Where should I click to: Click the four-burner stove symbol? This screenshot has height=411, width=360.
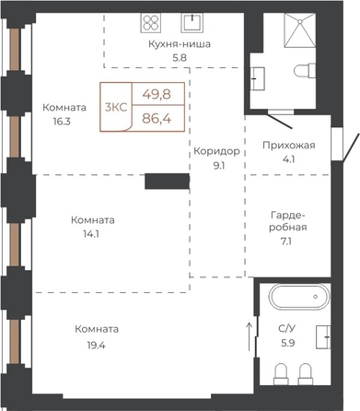(x=151, y=23)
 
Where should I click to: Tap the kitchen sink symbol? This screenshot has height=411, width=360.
(x=192, y=23)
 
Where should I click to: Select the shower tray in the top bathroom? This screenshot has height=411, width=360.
(x=300, y=30)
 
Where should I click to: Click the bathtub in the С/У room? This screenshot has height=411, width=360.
(x=299, y=297)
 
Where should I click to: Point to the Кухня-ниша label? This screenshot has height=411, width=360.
(x=180, y=44)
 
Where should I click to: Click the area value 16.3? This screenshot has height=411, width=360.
(x=62, y=122)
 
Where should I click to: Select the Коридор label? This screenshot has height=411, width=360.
(x=216, y=151)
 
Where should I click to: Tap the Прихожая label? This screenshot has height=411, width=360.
(x=289, y=145)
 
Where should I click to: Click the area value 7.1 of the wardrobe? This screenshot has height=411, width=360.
(x=285, y=241)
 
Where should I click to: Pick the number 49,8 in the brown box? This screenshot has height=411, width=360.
(x=157, y=94)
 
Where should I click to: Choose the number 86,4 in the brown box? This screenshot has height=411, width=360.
(x=157, y=118)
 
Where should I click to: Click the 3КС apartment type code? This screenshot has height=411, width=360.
(x=116, y=107)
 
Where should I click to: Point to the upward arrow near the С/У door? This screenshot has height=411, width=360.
(x=250, y=336)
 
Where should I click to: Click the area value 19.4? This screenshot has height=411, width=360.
(x=96, y=346)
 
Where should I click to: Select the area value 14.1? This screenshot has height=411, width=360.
(x=91, y=234)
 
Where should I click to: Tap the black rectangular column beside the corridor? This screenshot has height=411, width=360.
(x=168, y=182)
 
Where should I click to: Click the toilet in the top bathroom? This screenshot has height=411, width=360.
(x=305, y=71)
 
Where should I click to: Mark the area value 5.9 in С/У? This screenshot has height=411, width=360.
(x=288, y=343)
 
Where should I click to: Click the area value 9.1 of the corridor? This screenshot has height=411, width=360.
(x=219, y=166)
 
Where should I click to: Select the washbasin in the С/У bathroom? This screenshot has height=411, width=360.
(x=323, y=337)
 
